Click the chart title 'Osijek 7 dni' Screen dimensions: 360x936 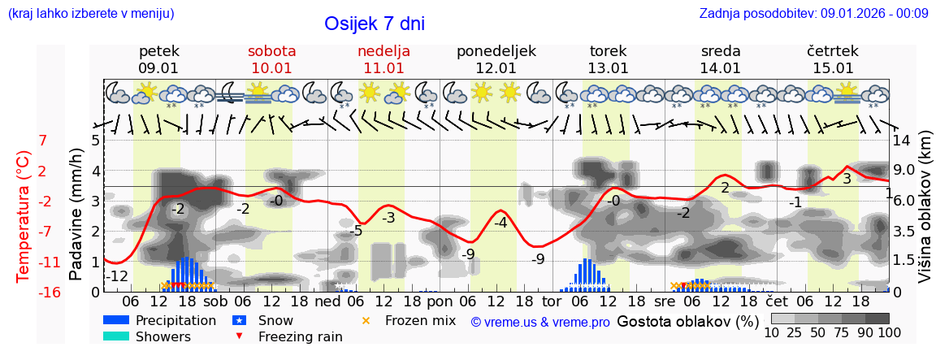point(374,24)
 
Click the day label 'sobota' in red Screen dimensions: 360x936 point(272,51)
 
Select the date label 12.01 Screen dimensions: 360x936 point(496,68)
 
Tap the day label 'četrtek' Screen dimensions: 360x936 point(833,51)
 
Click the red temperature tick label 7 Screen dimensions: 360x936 point(43,141)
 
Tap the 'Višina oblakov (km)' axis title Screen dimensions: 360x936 point(925,215)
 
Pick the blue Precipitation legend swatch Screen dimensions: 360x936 point(116,320)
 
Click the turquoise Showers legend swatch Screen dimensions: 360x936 point(116,336)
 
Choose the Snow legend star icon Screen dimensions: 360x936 point(240,320)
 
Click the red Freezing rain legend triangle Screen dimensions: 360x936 point(240,336)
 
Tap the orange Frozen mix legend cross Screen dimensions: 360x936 point(366,320)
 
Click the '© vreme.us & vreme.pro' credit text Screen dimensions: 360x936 point(540,322)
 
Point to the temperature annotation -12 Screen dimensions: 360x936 point(119,276)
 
